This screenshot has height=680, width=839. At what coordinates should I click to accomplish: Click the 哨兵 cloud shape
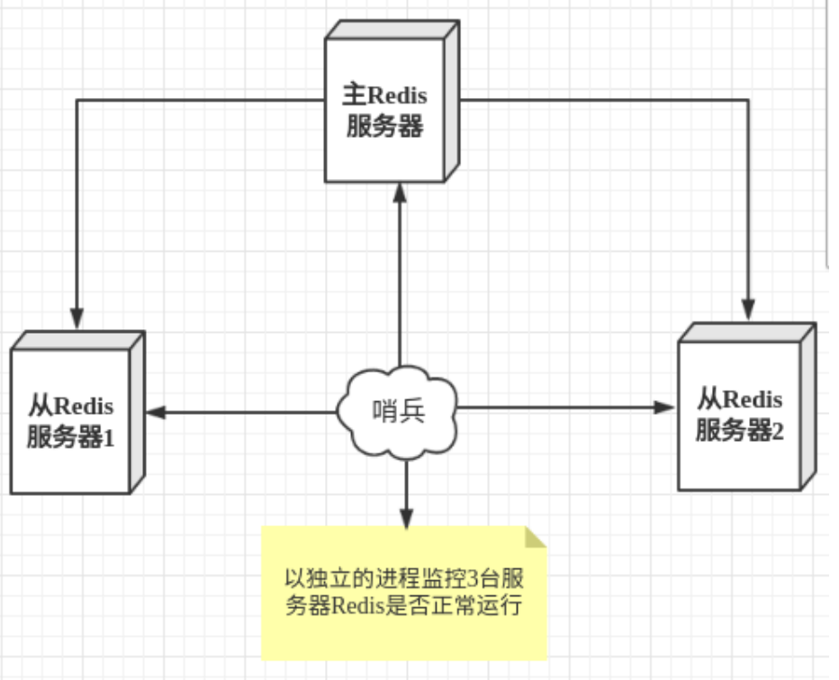399,411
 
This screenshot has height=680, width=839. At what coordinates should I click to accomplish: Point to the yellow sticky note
403,594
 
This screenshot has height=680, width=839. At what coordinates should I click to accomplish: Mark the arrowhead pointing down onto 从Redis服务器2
747,310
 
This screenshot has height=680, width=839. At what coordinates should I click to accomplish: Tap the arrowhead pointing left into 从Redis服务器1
156,412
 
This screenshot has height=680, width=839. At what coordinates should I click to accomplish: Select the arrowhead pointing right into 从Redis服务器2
665,407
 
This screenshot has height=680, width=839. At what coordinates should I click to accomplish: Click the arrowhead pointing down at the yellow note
406,518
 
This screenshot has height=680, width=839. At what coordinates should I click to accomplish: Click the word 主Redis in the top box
384,95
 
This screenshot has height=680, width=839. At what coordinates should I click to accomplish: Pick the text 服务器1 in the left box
73,439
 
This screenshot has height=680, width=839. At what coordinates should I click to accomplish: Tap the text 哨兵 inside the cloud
398,411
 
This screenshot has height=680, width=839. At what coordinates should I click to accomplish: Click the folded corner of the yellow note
536,537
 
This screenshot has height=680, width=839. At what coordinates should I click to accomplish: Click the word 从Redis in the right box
740,398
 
